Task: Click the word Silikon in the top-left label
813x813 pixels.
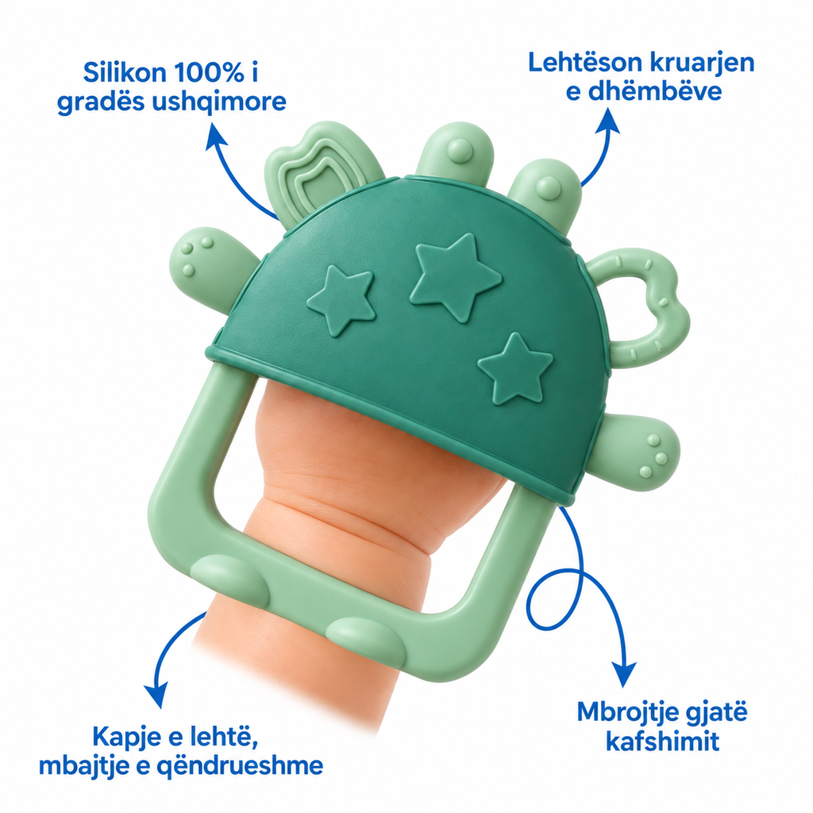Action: (125, 73)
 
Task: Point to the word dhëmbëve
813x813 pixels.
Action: (655, 92)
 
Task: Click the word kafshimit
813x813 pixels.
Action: (662, 741)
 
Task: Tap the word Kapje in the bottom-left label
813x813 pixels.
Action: (126, 737)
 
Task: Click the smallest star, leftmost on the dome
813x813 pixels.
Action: (341, 300)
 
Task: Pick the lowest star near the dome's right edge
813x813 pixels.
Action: (514, 368)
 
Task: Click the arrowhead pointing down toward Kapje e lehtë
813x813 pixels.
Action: (157, 695)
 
